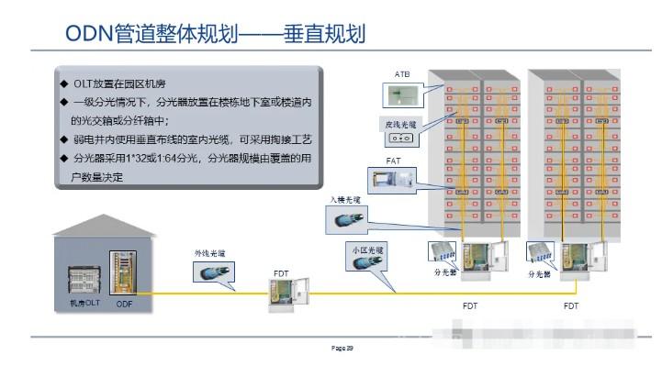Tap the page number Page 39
(x=342, y=348)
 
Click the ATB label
(x=403, y=72)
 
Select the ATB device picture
(x=403, y=93)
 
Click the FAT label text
(x=394, y=161)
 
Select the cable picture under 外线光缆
(x=211, y=272)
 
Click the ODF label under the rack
(x=123, y=302)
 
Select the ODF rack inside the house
(x=122, y=272)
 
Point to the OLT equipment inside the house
(x=84, y=279)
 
